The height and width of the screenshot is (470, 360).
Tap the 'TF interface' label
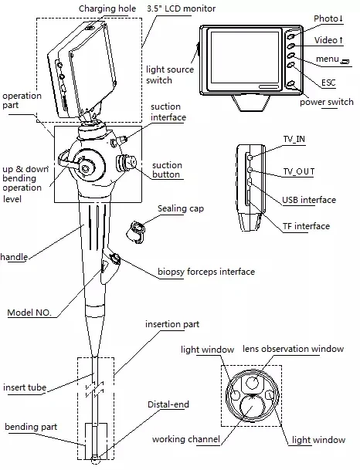tap(306, 226)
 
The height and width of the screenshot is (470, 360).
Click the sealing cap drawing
tap(139, 229)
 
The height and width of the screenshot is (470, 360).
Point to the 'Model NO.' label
tap(29, 313)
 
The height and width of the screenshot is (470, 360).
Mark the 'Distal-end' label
tap(168, 404)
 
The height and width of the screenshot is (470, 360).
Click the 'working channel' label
tap(185, 439)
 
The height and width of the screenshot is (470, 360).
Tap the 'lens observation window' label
tap(294, 350)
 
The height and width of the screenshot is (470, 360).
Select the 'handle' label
tap(14, 255)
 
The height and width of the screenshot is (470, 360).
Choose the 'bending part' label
tap(29, 426)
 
